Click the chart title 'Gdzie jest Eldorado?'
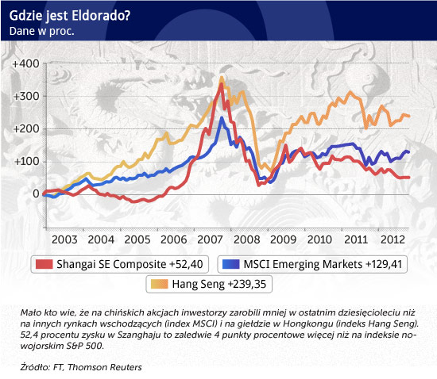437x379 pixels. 70,16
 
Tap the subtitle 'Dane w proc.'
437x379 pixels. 42,31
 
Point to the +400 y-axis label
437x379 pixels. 26,63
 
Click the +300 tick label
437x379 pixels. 26,96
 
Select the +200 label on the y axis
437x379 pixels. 26,128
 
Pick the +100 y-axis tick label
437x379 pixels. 27,161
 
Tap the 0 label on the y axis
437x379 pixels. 36,193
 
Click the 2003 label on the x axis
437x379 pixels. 64,239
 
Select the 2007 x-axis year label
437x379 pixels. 210,239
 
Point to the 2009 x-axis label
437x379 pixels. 283,239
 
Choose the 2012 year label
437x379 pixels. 393,239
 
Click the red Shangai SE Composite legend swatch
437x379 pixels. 44,264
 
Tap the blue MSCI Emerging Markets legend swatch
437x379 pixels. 231,264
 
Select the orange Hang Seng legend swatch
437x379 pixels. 160,284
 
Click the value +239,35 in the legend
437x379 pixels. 247,284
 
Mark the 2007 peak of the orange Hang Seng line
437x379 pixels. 222,78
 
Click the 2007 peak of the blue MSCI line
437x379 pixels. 222,118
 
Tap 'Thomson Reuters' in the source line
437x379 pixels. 105,367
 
